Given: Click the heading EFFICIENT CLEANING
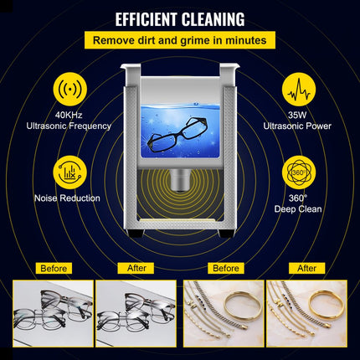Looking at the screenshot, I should [x=180, y=18].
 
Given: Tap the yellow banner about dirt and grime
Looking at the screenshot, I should [x=180, y=39].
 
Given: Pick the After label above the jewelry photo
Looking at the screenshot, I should [x=306, y=269].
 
